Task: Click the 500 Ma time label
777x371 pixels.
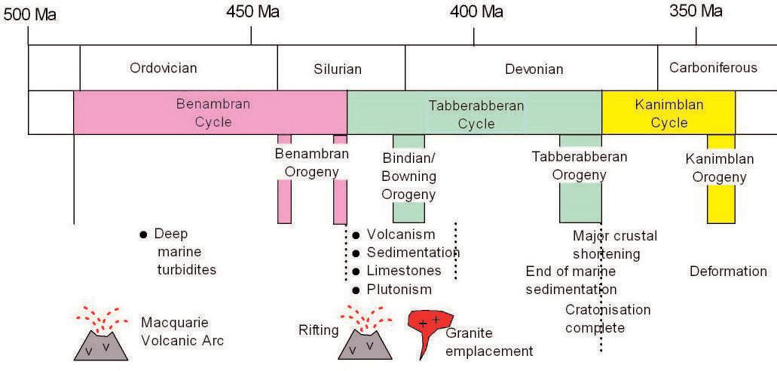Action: pyautogui.click(x=29, y=15)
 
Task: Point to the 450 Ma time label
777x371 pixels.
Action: pyautogui.click(x=253, y=12)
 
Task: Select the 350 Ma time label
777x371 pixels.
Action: pyautogui.click(x=696, y=11)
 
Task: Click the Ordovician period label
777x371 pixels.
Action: pyautogui.click(x=164, y=69)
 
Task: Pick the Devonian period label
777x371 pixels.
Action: pyautogui.click(x=534, y=69)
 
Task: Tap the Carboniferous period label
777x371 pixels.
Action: pyautogui.click(x=713, y=68)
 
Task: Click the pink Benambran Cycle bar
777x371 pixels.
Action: pyautogui.click(x=210, y=112)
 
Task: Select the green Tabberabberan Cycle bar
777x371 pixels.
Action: pyautogui.click(x=475, y=113)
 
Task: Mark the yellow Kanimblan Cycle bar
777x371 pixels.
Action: pyautogui.click(x=668, y=113)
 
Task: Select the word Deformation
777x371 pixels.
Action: pyautogui.click(x=728, y=271)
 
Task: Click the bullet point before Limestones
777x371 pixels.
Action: pyautogui.click(x=356, y=271)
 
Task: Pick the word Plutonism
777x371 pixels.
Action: pyautogui.click(x=399, y=290)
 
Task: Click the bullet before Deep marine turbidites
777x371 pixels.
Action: pyautogui.click(x=143, y=235)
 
